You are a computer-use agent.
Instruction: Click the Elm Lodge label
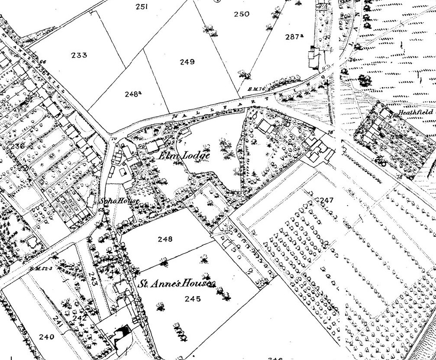point(184,156)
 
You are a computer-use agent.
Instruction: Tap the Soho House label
point(119,201)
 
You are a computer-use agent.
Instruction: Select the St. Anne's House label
point(176,285)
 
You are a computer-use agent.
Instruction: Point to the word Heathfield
point(416,112)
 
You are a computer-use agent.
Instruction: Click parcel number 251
point(142,7)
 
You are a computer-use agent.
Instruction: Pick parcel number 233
point(79,55)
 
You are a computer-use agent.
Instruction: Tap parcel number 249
point(187,62)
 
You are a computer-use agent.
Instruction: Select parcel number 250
point(241,14)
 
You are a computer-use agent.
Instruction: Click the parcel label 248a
point(133,93)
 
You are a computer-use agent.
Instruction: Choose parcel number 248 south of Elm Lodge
point(165,239)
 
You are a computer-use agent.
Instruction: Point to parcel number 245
point(192,298)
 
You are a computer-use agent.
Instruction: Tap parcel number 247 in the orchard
point(326,200)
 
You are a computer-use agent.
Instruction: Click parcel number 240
point(46,337)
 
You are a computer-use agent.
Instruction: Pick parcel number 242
point(80,318)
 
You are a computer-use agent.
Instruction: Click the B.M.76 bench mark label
point(256,89)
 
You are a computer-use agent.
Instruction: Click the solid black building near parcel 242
point(123,332)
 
